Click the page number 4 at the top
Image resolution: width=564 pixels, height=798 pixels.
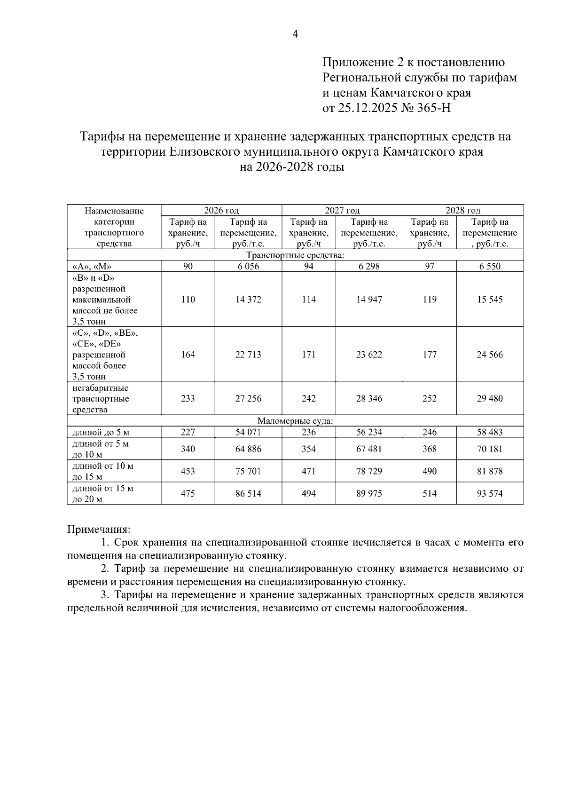pyautogui.click(x=295, y=34)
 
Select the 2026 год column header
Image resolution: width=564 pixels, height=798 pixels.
pyautogui.click(x=221, y=210)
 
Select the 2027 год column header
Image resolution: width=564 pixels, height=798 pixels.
pyautogui.click(x=342, y=210)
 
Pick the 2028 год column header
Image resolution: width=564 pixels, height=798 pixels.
pyautogui.click(x=463, y=210)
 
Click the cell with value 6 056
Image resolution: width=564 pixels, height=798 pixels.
pyautogui.click(x=248, y=266)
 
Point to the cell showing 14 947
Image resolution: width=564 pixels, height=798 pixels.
pyautogui.click(x=369, y=300)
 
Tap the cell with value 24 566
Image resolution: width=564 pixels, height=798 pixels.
pyautogui.click(x=490, y=355)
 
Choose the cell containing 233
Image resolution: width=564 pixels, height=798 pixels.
pyautogui.click(x=188, y=398)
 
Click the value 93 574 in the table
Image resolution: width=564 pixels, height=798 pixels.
pyautogui.click(x=490, y=493)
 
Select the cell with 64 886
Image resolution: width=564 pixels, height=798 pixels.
pyautogui.click(x=248, y=449)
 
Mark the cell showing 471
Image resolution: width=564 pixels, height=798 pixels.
pyautogui.click(x=308, y=471)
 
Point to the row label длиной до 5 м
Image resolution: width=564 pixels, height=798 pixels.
pyautogui.click(x=101, y=432)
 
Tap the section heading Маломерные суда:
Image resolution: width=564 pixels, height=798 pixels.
pyautogui.click(x=295, y=421)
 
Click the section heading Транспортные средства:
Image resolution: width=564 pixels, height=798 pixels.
pyautogui.click(x=295, y=255)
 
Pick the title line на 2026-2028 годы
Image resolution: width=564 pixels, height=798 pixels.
pyautogui.click(x=292, y=167)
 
